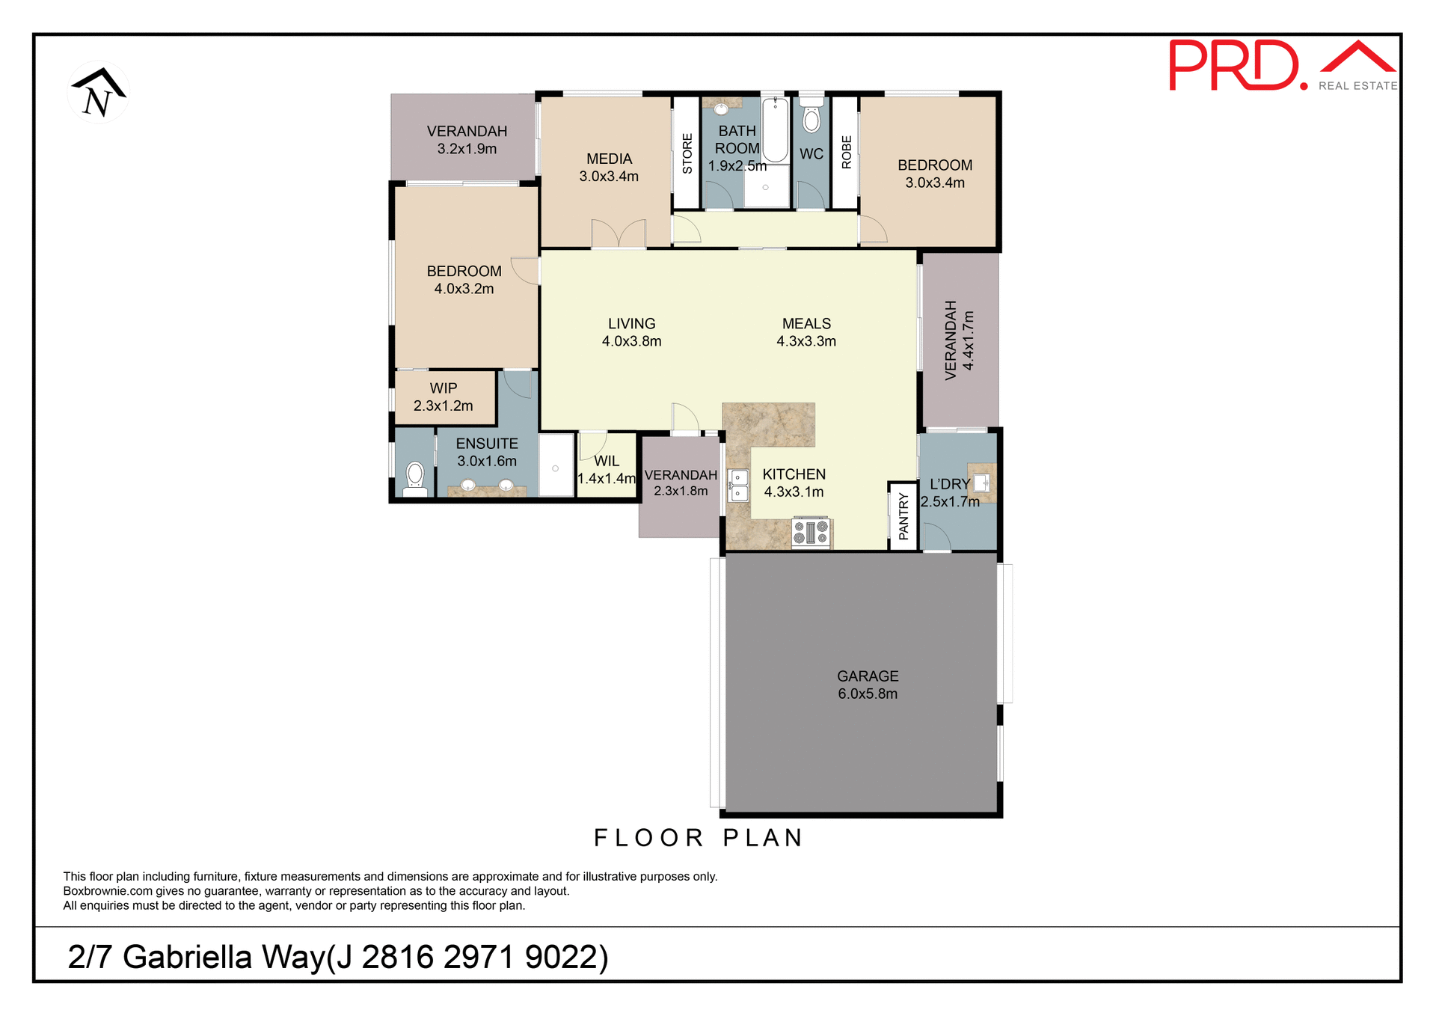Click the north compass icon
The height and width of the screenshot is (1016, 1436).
(98, 93)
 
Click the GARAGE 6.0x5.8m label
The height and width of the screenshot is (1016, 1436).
(868, 685)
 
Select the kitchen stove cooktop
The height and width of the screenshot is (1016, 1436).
(811, 532)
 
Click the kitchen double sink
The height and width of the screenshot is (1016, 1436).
(738, 485)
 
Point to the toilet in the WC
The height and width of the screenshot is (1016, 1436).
(811, 117)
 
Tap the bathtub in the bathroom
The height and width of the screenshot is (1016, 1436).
(775, 129)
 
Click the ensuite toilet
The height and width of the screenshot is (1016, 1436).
(415, 479)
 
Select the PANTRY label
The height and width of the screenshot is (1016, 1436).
(903, 516)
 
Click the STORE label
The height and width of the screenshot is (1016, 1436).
(687, 153)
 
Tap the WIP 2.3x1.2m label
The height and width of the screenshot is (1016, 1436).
(444, 397)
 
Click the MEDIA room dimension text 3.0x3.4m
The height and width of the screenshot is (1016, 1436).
(609, 177)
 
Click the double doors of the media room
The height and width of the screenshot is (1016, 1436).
(619, 233)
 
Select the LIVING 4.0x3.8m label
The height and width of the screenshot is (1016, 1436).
(631, 332)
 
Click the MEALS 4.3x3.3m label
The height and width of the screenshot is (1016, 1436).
(806, 332)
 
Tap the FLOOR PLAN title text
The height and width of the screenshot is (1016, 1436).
(698, 838)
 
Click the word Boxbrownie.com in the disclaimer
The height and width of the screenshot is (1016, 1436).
(107, 891)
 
